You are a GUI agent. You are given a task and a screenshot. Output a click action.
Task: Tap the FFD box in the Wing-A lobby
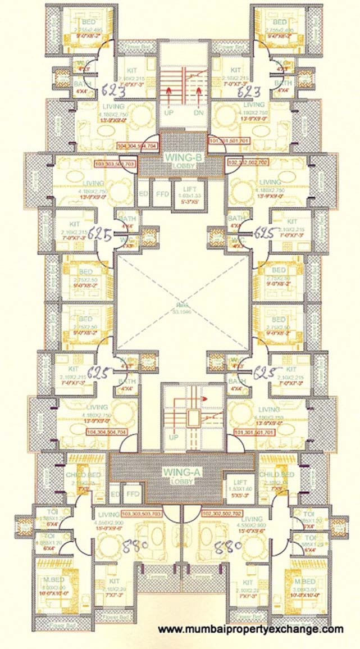[x=133, y=494]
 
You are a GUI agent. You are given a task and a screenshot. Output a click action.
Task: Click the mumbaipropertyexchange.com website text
[x=250, y=629]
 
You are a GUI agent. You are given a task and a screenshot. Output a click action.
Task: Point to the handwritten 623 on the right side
[x=248, y=92]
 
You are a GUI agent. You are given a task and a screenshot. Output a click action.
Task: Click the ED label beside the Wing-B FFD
[x=143, y=193]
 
